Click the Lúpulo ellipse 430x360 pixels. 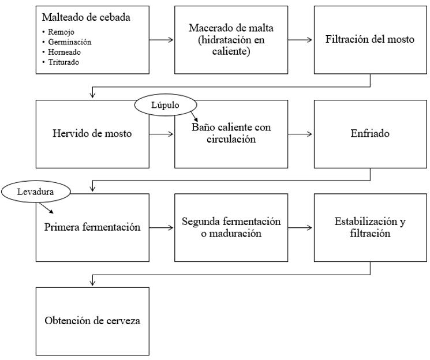tap(166, 105)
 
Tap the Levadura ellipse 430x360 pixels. tap(36, 192)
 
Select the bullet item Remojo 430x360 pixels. tap(61, 32)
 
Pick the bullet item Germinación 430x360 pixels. tap(70, 42)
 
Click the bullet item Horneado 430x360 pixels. tap(64, 52)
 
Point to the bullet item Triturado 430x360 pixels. tap(63, 62)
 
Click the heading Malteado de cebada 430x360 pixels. tap(86, 17)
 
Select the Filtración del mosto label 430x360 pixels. tap(369, 39)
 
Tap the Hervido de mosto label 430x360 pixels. tap(92, 133)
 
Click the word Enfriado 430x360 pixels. tap(370, 133)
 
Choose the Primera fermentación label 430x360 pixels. tap(92, 227)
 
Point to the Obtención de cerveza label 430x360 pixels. tap(92, 321)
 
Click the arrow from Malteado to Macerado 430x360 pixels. tap(162, 40)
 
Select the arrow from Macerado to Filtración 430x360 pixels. tap(301, 40)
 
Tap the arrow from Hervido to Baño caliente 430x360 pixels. tap(162, 134)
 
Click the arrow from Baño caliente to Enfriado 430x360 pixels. tap(301, 134)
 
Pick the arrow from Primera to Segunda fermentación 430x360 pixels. tap(162, 227)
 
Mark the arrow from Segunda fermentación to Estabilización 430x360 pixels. tap(301, 227)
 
